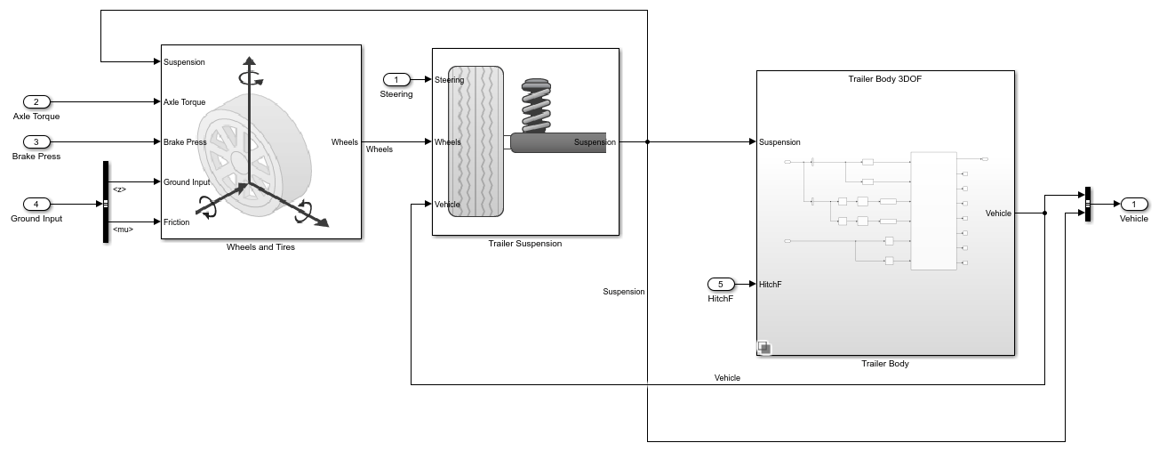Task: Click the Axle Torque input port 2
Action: [36, 102]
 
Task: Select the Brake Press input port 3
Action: [36, 141]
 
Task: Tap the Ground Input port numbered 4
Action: [36, 204]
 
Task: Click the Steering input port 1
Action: [396, 80]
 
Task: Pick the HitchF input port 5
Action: [721, 285]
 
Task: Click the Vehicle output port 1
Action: [1133, 204]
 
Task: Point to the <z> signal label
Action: [119, 189]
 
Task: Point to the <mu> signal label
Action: [124, 230]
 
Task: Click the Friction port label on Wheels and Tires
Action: [177, 222]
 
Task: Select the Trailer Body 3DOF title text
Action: [884, 79]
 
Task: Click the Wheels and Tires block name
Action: [260, 247]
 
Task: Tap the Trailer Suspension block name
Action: [525, 244]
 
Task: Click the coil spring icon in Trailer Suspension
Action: [536, 106]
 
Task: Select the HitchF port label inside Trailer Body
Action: [771, 285]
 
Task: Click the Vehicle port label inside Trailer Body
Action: [998, 213]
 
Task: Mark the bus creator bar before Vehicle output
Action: [1088, 204]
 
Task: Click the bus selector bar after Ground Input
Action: [106, 202]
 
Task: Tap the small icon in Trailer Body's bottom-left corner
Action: [764, 348]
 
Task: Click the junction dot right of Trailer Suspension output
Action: [647, 141]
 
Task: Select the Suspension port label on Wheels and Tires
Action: [184, 62]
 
